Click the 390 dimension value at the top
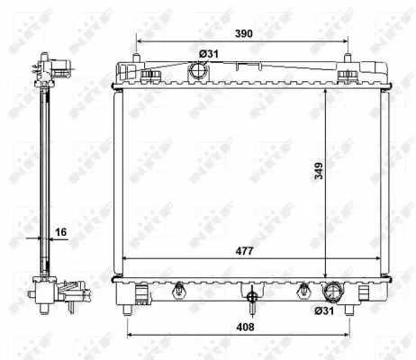[x=243, y=33]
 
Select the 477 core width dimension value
[x=244, y=251]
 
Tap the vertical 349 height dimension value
[x=319, y=171]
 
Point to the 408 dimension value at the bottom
[x=245, y=327]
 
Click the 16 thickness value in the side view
[x=61, y=232]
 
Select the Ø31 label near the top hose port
[x=209, y=54]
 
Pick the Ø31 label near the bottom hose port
[x=324, y=310]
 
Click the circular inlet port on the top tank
[x=197, y=71]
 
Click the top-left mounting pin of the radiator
[x=137, y=58]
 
